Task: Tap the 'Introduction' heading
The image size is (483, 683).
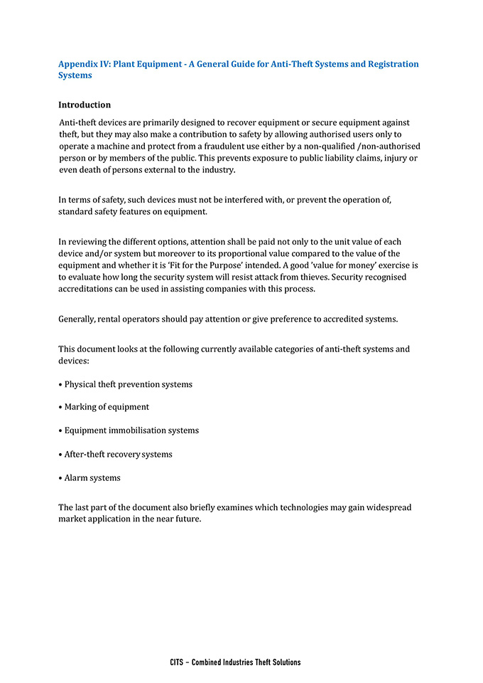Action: tap(85, 105)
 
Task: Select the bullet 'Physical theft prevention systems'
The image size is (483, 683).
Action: tap(128, 384)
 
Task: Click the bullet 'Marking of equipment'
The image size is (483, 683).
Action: tap(107, 407)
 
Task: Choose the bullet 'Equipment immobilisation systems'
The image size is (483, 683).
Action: tap(131, 430)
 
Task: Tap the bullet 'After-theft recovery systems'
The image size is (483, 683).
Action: tap(118, 454)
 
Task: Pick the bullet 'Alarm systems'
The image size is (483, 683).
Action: tap(92, 477)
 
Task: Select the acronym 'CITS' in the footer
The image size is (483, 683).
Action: tap(177, 662)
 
